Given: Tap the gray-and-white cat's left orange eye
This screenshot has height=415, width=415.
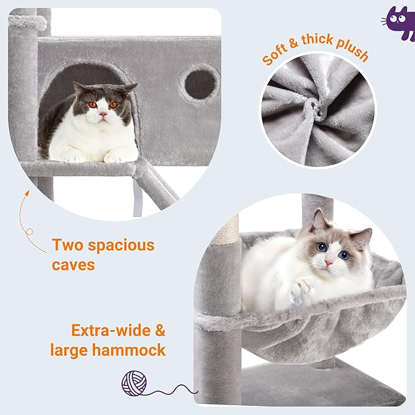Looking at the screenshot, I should (94, 105).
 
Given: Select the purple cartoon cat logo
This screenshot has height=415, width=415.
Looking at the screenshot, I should (400, 23).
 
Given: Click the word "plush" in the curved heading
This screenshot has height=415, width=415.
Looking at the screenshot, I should (351, 51).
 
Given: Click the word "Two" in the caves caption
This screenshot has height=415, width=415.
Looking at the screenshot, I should (70, 246).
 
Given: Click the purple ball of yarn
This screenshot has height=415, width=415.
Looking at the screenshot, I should (134, 383).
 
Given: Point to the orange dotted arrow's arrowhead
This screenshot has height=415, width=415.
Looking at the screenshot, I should (28, 193).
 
